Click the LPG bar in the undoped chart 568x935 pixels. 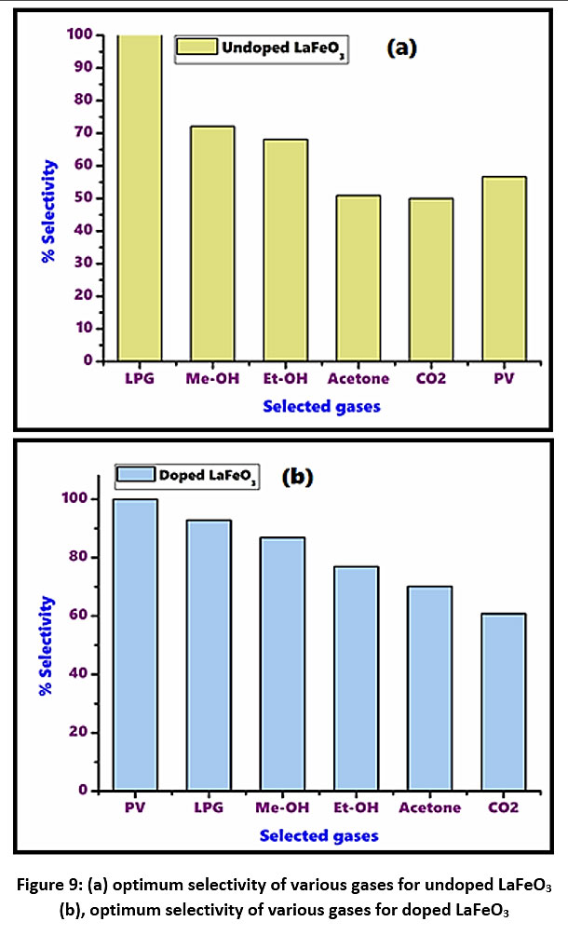click(140, 197)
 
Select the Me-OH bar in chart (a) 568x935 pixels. click(211, 243)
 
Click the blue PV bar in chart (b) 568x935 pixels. click(135, 644)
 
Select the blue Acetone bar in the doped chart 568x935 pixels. click(429, 688)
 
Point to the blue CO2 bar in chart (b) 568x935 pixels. click(504, 702)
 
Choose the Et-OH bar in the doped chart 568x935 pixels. click(356, 678)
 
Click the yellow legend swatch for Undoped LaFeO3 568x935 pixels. click(196, 47)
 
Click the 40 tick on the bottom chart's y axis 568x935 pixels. click(81, 673)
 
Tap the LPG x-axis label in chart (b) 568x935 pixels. click(209, 807)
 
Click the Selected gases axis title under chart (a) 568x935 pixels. click(321, 406)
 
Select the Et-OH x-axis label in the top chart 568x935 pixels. click(284, 380)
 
